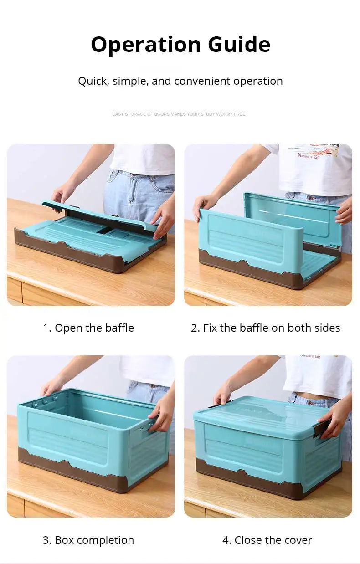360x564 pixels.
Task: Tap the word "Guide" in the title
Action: click(x=239, y=45)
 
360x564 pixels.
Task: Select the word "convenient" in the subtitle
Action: click(x=202, y=81)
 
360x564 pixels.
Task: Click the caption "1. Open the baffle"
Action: click(x=88, y=328)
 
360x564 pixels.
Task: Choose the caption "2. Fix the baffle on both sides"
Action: click(x=265, y=328)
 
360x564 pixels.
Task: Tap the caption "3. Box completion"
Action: click(x=88, y=540)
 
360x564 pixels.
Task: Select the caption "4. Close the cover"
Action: click(x=267, y=540)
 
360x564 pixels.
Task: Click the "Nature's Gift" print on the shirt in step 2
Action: click(x=309, y=156)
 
